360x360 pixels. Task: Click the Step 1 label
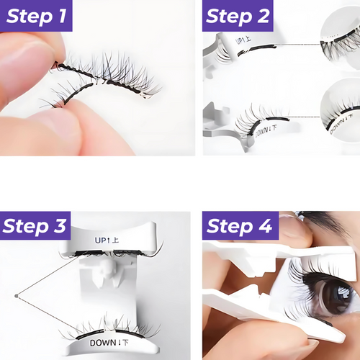(36, 16)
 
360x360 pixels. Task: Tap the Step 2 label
(238, 16)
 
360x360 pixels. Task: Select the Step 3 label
(35, 225)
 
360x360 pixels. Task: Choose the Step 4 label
(240, 225)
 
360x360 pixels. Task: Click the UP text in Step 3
(100, 240)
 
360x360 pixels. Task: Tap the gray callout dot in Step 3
(17, 296)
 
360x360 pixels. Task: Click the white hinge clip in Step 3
(107, 272)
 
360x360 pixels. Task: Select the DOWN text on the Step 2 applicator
(263, 131)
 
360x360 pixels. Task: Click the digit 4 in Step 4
(265, 225)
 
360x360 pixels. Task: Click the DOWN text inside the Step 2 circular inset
(341, 125)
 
